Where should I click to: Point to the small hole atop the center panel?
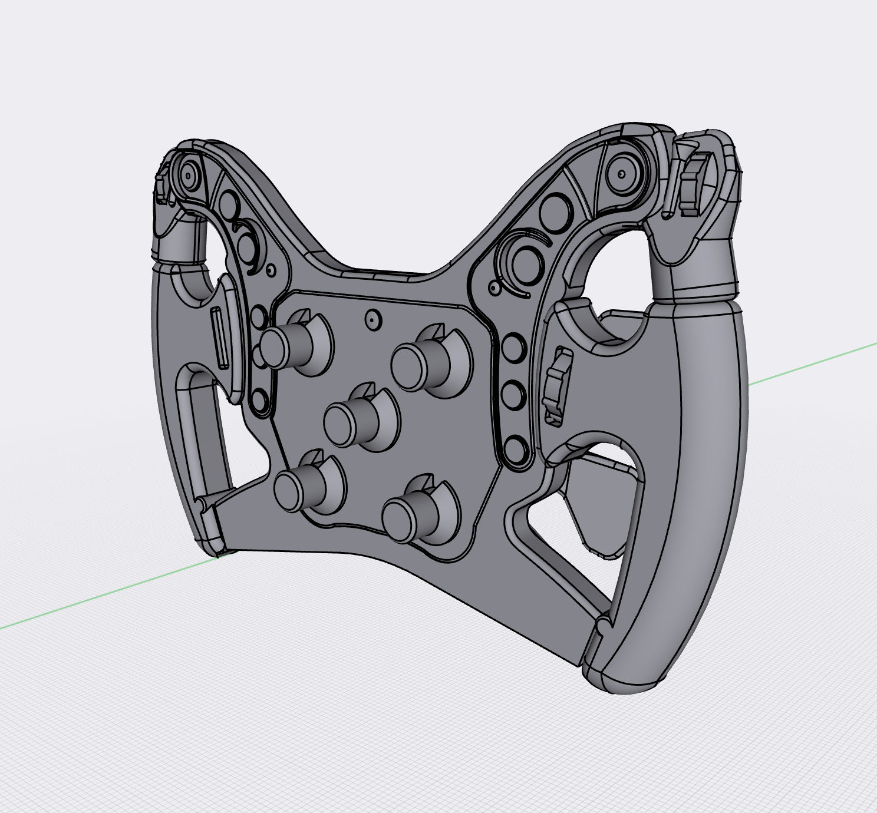pos(372,319)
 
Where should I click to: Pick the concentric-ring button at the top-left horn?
pos(188,175)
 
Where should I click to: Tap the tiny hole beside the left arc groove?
pos(271,270)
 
